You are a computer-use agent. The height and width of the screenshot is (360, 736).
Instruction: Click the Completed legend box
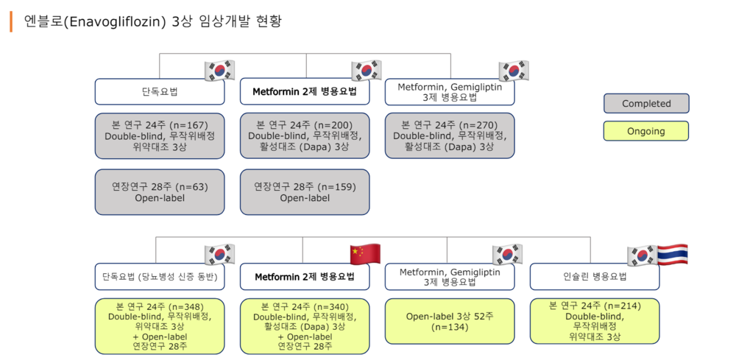click(x=646, y=104)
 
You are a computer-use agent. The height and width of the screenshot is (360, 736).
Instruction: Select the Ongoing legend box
click(x=646, y=131)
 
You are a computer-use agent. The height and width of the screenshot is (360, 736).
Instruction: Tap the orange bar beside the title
click(x=11, y=21)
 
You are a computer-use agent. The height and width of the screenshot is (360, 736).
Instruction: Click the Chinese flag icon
click(x=364, y=254)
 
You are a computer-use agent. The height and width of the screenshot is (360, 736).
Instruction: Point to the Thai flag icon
click(x=672, y=255)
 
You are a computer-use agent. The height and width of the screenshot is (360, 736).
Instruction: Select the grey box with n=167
click(x=160, y=135)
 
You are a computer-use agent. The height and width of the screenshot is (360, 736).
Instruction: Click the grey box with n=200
click(x=305, y=135)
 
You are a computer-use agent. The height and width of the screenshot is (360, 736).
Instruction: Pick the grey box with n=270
click(x=450, y=135)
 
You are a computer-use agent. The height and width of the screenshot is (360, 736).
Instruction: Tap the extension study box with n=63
click(x=160, y=192)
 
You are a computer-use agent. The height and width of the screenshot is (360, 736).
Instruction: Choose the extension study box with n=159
click(x=305, y=192)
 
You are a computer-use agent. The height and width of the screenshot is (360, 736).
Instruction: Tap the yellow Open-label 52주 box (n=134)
click(x=450, y=322)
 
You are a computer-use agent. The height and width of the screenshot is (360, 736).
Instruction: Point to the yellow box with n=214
click(x=595, y=322)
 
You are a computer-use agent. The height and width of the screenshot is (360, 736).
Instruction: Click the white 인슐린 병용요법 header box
click(x=595, y=277)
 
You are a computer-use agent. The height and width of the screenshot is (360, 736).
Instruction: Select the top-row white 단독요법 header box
click(x=160, y=92)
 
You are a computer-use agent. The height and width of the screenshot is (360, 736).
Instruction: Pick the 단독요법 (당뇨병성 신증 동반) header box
click(x=160, y=277)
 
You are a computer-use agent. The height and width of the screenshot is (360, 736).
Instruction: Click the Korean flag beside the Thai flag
click(x=641, y=255)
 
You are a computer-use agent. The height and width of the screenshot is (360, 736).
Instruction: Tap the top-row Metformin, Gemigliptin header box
click(x=450, y=92)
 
